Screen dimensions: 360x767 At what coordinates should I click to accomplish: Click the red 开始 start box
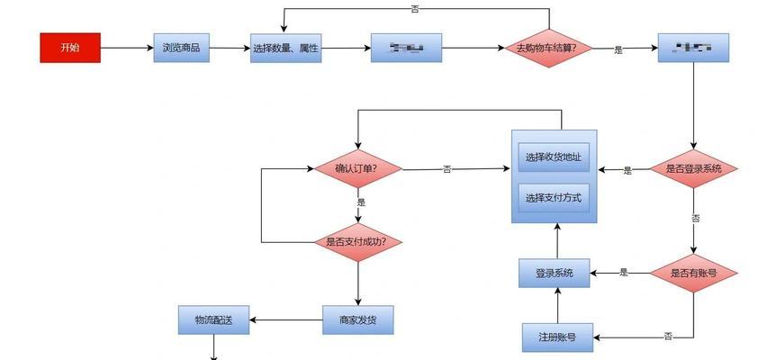70,48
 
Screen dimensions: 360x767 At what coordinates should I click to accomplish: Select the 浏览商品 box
182,48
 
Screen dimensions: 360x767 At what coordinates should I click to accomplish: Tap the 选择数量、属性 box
285,48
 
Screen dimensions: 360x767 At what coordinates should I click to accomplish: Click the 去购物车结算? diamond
550,48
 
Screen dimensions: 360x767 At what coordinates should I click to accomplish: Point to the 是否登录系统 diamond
693,168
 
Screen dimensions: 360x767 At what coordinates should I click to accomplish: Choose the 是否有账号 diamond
693,272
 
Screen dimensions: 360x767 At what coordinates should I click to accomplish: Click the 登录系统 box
555,272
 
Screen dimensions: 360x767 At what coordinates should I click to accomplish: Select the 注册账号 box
557,337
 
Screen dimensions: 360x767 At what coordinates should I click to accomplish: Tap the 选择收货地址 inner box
554,157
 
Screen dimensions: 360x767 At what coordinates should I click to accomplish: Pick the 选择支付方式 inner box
554,197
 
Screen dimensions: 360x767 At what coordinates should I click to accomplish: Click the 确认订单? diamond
357,168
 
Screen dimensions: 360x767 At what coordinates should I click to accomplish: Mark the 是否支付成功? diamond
357,242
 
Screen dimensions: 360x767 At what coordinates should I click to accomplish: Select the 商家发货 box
358,319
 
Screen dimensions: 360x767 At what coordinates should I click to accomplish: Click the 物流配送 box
213,319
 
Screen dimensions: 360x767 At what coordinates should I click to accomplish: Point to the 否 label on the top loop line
415,9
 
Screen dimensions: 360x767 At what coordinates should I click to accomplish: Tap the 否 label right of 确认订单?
447,169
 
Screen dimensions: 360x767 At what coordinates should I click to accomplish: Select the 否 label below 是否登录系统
695,218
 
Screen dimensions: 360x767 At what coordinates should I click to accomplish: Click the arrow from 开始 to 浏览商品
127,48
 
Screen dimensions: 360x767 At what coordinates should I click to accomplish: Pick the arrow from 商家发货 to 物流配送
285,319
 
